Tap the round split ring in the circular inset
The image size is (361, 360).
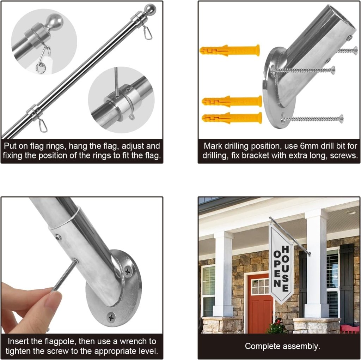(x=41, y=68)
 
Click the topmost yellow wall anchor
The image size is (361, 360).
(x=230, y=50)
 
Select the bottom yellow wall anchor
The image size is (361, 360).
(x=232, y=118)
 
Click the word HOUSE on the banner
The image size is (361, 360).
(x=285, y=269)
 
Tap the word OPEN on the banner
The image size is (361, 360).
(x=277, y=269)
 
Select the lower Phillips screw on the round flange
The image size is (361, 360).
(x=111, y=318)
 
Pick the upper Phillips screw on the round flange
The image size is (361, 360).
(x=128, y=272)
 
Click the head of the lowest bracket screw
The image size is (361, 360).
(x=341, y=119)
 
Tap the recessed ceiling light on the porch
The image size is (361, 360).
(x=350, y=212)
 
